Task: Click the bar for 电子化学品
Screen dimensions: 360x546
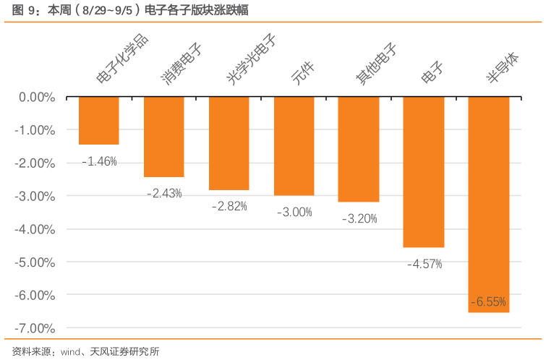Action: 99,121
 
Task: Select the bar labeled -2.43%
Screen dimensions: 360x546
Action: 164,137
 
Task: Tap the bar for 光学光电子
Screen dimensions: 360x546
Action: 229,143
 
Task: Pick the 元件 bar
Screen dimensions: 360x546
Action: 294,146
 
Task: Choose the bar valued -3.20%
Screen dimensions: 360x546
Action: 359,150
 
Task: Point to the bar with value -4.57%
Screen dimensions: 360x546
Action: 424,172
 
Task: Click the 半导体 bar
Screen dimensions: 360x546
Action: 489,205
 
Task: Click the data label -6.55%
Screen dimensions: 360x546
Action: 488,301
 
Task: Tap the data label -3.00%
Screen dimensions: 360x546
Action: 294,212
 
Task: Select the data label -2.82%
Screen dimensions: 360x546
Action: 229,206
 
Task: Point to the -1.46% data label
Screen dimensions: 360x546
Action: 99,161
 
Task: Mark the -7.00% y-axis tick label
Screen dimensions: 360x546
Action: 36,328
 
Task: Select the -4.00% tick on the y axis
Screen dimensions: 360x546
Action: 36,229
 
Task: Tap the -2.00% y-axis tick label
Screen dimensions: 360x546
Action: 36,163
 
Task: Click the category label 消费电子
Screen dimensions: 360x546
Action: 180,64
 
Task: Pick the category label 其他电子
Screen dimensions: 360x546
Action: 376,64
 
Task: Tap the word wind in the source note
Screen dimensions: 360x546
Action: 71,352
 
